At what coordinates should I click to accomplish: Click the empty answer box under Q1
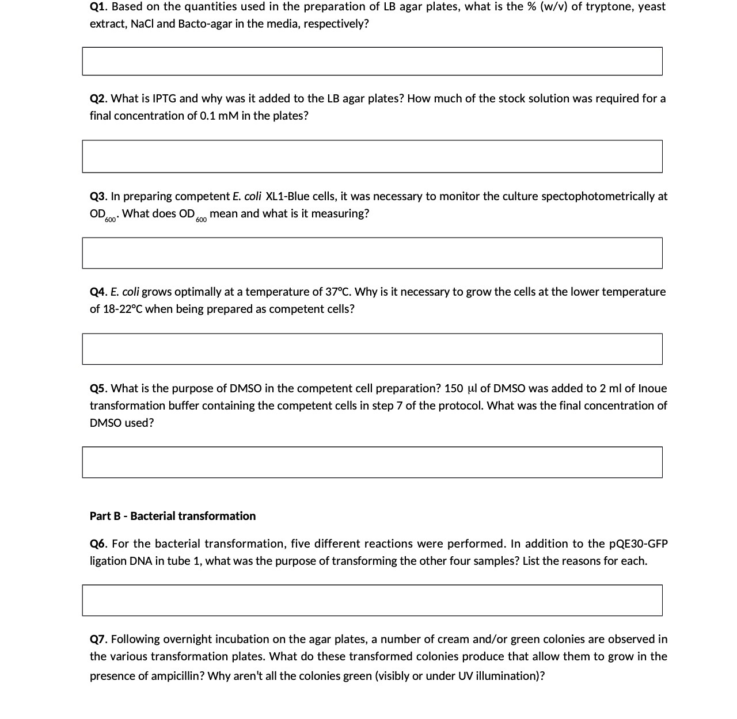coord(372,61)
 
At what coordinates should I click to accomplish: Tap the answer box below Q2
coord(372,156)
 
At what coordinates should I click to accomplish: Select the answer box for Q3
coord(372,253)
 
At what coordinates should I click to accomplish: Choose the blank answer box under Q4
coord(372,349)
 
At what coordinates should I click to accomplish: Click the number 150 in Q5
coord(454,388)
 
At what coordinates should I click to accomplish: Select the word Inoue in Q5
coord(653,388)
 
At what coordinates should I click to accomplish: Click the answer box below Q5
coord(372,462)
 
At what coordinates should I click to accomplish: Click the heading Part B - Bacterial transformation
coord(173,516)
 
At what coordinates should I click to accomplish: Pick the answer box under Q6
coord(372,600)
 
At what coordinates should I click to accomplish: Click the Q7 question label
coord(98,639)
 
